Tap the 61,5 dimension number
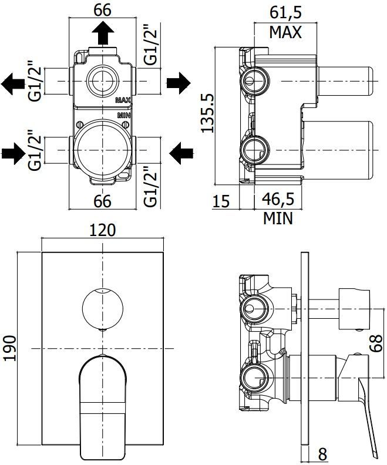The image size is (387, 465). pyautogui.click(x=285, y=12)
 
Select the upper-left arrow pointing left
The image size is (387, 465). pyautogui.click(x=13, y=82)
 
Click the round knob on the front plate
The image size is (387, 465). pyautogui.click(x=102, y=309)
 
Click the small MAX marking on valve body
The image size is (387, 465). pyautogui.click(x=123, y=100)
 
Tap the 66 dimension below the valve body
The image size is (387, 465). pyautogui.click(x=102, y=201)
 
